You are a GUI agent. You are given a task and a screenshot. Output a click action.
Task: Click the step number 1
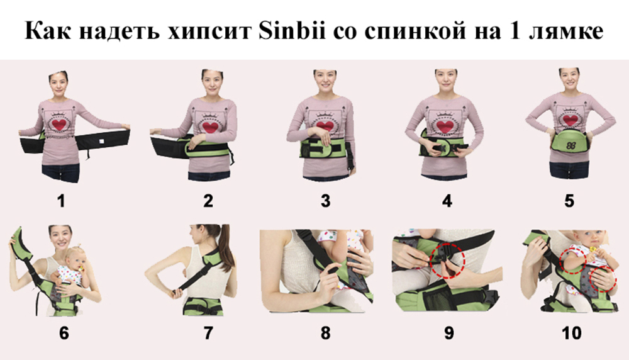(61, 201)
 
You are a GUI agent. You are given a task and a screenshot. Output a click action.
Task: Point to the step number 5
(569, 201)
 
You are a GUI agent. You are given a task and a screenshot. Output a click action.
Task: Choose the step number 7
(208, 333)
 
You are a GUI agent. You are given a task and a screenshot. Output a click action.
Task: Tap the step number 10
(572, 333)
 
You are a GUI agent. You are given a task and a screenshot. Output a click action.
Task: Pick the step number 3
(325, 201)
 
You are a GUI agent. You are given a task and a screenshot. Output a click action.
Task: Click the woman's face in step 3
(325, 81)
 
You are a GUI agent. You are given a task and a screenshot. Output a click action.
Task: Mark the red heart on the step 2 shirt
(211, 128)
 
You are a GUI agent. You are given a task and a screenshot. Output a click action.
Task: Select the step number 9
(449, 333)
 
